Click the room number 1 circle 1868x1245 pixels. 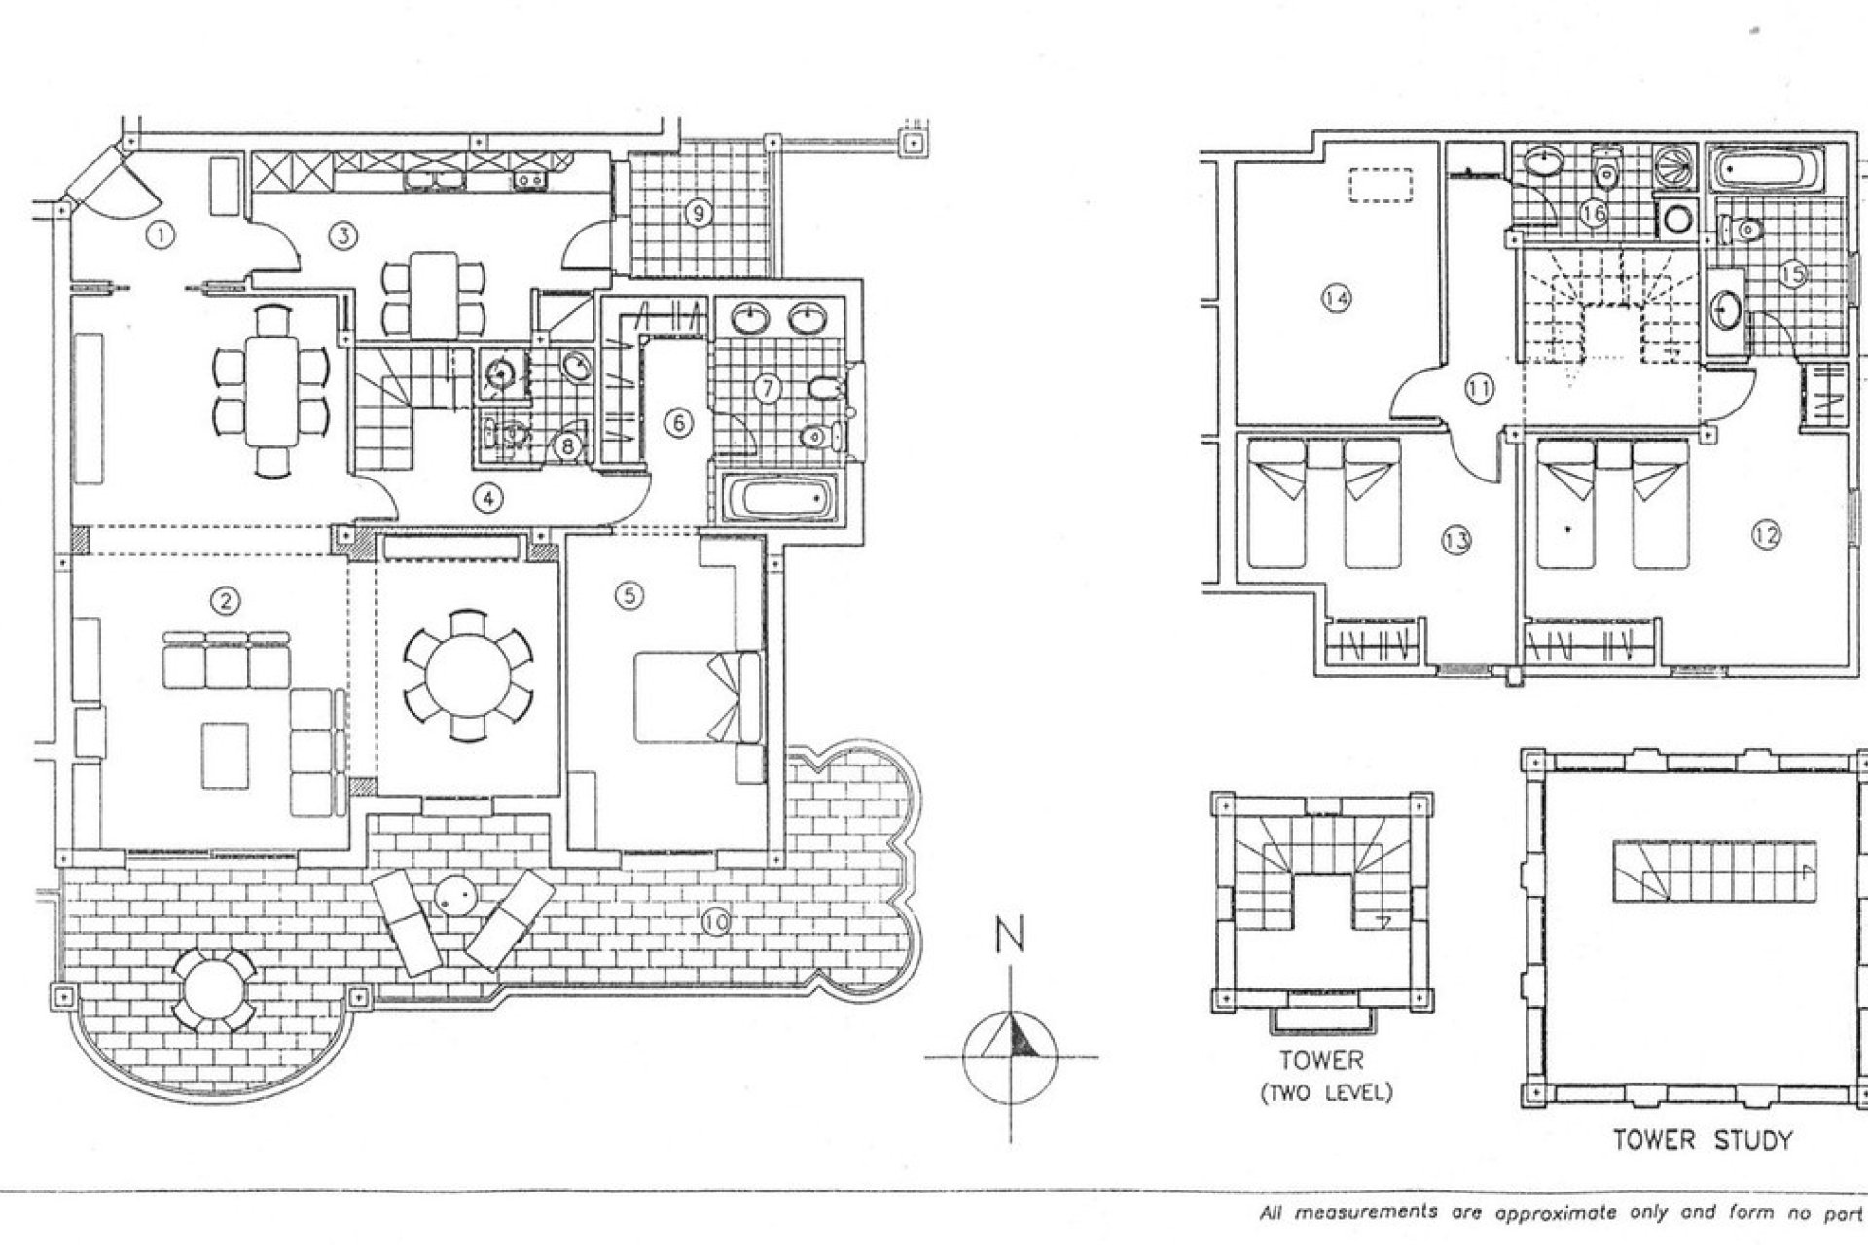(161, 234)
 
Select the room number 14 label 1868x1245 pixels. (1337, 299)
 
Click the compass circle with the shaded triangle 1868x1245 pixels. (1011, 1056)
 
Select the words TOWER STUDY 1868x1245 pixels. (1702, 1140)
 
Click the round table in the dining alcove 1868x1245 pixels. (468, 676)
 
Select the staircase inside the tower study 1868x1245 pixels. (1715, 871)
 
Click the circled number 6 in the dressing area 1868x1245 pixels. (678, 423)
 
